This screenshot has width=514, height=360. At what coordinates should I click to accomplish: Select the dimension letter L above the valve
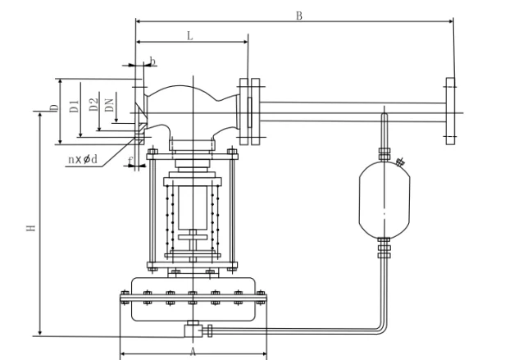tap(190, 36)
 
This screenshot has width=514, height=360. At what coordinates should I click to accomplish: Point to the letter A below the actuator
tap(193, 350)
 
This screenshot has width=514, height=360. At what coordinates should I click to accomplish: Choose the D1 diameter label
tap(73, 104)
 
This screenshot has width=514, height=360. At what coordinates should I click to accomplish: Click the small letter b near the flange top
tap(152, 62)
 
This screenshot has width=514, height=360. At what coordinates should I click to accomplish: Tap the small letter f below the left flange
tap(130, 158)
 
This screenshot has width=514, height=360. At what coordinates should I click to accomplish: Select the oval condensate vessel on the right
tap(384, 199)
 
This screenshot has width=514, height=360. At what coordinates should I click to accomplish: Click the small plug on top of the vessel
tap(400, 162)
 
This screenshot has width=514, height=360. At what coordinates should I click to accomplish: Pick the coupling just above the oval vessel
tap(383, 153)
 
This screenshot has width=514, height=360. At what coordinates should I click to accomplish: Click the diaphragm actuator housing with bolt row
tap(193, 301)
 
